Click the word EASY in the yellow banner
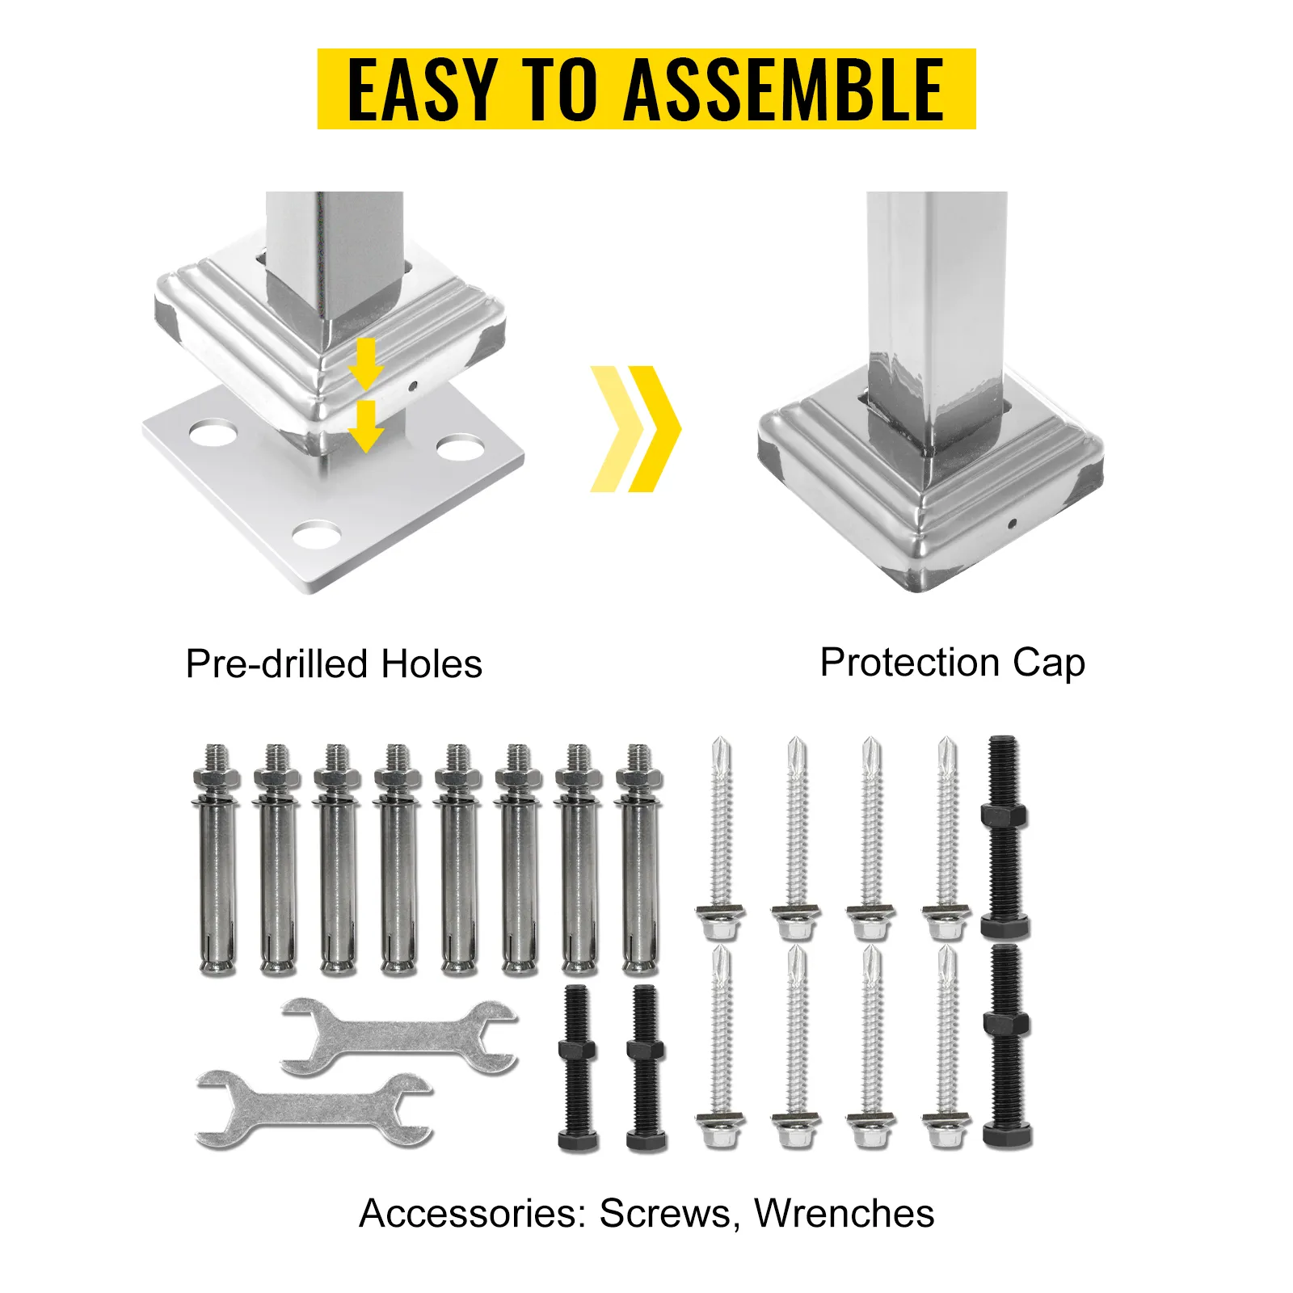point(421,90)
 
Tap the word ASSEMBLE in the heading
point(784,90)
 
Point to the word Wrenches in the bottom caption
point(844,1213)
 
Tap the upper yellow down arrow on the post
point(366,364)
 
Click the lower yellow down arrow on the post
point(366,427)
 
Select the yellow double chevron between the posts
point(635,428)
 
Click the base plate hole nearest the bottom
point(317,535)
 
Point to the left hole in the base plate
point(213,432)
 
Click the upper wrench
point(399,1037)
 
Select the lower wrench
point(314,1109)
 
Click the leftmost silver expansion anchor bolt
point(217,860)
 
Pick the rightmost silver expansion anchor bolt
point(639,860)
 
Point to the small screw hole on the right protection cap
point(1012,524)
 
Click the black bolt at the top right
point(1004,837)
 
